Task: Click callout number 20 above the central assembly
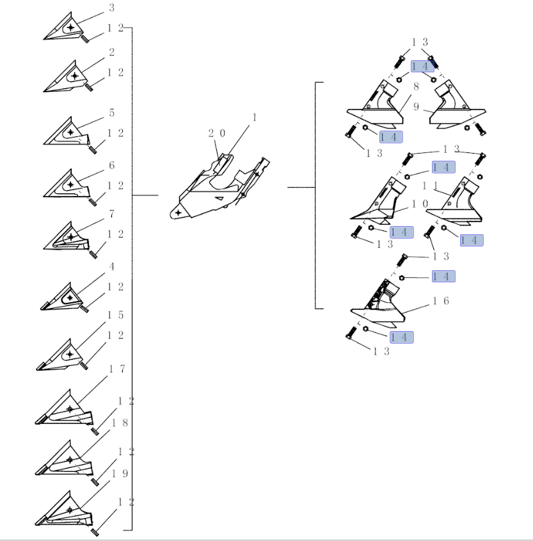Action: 217,133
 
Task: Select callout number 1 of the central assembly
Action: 255,118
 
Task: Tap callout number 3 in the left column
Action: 111,8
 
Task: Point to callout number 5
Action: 112,113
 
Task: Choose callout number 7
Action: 112,214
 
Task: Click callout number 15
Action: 116,315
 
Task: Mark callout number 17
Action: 117,369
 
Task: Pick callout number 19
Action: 120,474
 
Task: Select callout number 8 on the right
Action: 416,86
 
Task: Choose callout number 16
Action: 441,301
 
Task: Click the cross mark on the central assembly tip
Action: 179,213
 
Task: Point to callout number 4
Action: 112,267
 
